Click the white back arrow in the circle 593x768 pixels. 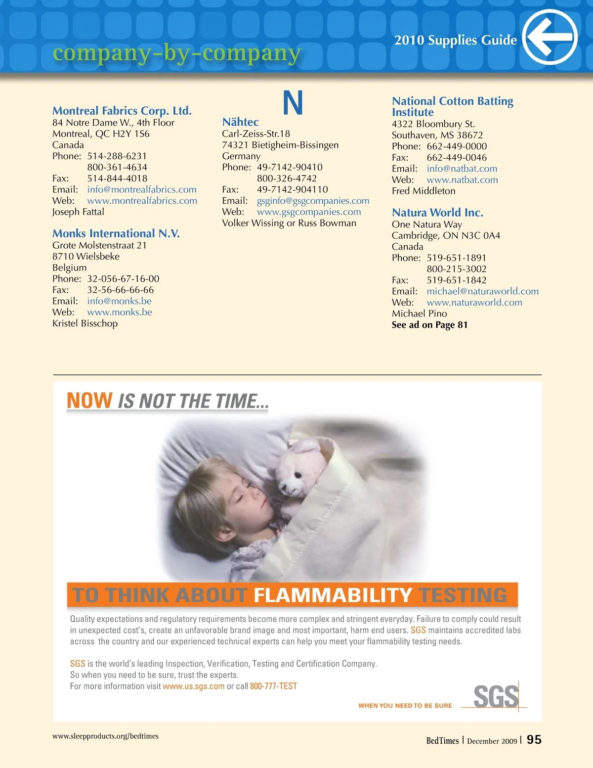coord(550,37)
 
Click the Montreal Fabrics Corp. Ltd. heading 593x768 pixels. coord(122,111)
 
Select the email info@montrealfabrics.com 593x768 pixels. coord(142,189)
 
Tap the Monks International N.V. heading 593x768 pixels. coord(116,233)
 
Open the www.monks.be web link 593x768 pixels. coord(120,312)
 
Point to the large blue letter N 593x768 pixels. coord(293,103)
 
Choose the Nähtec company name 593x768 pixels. coord(240,122)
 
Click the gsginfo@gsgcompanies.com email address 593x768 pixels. coord(313,201)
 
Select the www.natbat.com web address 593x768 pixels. coord(462,180)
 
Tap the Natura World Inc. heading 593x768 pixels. coord(437,213)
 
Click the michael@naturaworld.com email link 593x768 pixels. coord(482,291)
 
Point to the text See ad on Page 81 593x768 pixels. coord(429,325)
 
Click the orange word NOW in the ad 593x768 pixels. coord(89,401)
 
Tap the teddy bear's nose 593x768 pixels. coord(298,476)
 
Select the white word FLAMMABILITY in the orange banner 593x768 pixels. coord(333,595)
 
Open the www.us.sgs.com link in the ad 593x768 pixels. coord(194,686)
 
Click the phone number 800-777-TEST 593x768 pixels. coord(273,686)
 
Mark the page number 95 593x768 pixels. coord(534,740)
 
